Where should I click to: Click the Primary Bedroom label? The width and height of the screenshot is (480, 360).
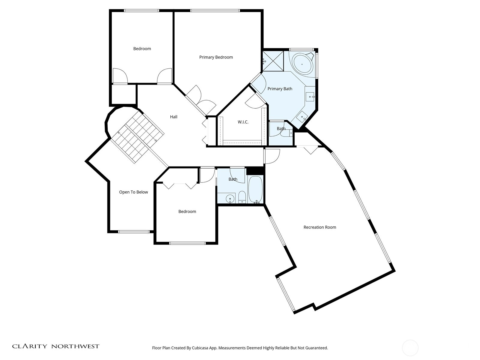click(x=216, y=57)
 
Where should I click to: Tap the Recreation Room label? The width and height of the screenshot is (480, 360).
click(x=320, y=227)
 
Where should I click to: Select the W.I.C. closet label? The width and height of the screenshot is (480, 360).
click(x=243, y=122)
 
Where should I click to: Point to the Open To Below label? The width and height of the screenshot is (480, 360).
click(x=133, y=192)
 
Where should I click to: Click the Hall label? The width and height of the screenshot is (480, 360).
click(x=174, y=117)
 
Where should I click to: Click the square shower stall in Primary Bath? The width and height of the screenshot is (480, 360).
click(x=273, y=61)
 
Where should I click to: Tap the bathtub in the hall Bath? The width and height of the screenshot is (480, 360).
click(x=255, y=190)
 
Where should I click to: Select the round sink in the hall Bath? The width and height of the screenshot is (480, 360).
click(x=230, y=198)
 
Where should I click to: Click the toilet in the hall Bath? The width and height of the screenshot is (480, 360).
click(x=242, y=197)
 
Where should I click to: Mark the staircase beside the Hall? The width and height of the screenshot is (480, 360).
click(x=138, y=136)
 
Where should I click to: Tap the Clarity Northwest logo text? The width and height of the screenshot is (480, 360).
click(x=56, y=346)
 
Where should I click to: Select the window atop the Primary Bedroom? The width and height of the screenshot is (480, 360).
click(x=215, y=11)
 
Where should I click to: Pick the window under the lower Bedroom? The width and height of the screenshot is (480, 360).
click(x=187, y=243)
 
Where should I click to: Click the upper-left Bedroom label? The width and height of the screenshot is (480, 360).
click(x=142, y=49)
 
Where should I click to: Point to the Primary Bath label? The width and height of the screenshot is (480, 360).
click(x=280, y=89)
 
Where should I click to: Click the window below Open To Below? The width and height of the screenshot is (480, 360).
click(x=134, y=232)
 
